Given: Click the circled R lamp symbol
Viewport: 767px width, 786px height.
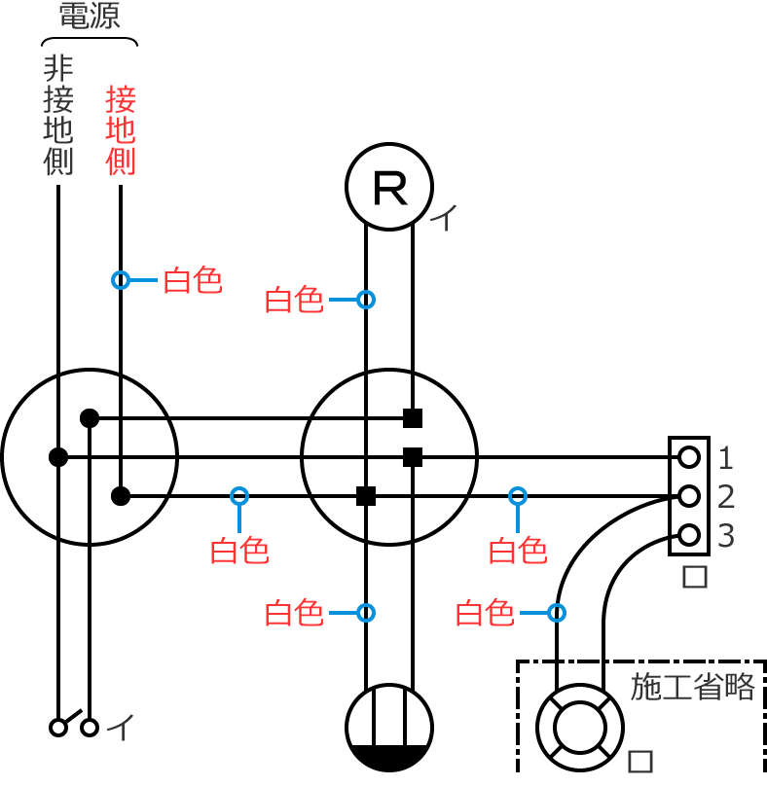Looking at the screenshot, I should pyautogui.click(x=389, y=187).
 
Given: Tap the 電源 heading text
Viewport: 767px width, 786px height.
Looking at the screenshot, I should pyautogui.click(x=90, y=17).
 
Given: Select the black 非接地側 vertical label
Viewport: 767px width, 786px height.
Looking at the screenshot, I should pyautogui.click(x=58, y=115).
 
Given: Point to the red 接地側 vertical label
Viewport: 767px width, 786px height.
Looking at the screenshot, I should pyautogui.click(x=121, y=130).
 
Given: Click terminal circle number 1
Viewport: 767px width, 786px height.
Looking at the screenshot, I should pyautogui.click(x=689, y=456).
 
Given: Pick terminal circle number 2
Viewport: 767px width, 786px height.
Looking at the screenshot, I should pyautogui.click(x=689, y=496).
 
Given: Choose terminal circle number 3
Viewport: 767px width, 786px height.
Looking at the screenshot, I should pyautogui.click(x=689, y=535).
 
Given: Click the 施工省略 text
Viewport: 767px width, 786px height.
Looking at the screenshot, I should pyautogui.click(x=693, y=687).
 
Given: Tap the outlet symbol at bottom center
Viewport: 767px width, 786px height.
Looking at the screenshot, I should pyautogui.click(x=389, y=728).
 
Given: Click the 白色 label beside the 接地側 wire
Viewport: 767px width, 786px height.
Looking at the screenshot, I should pyautogui.click(x=193, y=280).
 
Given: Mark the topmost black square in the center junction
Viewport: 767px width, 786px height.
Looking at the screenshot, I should pyautogui.click(x=413, y=418).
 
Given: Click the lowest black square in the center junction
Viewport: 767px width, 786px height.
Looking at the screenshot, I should pyautogui.click(x=366, y=496).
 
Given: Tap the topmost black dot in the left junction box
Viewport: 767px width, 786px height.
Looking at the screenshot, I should pyautogui.click(x=90, y=418).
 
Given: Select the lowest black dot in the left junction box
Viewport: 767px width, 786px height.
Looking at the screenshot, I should pyautogui.click(x=121, y=496).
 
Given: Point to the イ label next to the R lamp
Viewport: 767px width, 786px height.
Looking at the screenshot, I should pyautogui.click(x=443, y=217).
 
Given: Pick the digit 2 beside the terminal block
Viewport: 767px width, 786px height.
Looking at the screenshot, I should pyautogui.click(x=726, y=497).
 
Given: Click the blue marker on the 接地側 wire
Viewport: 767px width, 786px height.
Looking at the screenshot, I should pyautogui.click(x=121, y=280).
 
